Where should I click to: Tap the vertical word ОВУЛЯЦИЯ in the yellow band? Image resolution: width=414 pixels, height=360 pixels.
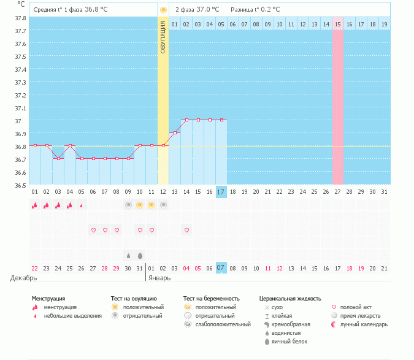pyautogui.click(x=163, y=37)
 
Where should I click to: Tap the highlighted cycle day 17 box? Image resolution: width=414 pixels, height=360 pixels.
pyautogui.click(x=221, y=192)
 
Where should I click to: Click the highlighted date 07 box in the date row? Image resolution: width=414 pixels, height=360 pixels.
pyautogui.click(x=221, y=268)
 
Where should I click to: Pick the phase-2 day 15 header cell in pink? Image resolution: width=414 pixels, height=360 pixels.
pyautogui.click(x=338, y=24)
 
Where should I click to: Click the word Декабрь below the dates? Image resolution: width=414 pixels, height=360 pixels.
pyautogui.click(x=24, y=278)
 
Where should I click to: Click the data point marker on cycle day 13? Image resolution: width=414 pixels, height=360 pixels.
pyautogui.click(x=175, y=133)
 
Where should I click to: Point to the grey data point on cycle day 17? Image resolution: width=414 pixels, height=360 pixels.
pyautogui.click(x=221, y=120)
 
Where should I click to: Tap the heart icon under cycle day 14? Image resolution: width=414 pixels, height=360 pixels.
pyautogui.click(x=186, y=230)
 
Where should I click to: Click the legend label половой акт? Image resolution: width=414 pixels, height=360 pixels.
pyautogui.click(x=356, y=307)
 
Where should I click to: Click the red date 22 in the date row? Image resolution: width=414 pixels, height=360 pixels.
pyautogui.click(x=35, y=268)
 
